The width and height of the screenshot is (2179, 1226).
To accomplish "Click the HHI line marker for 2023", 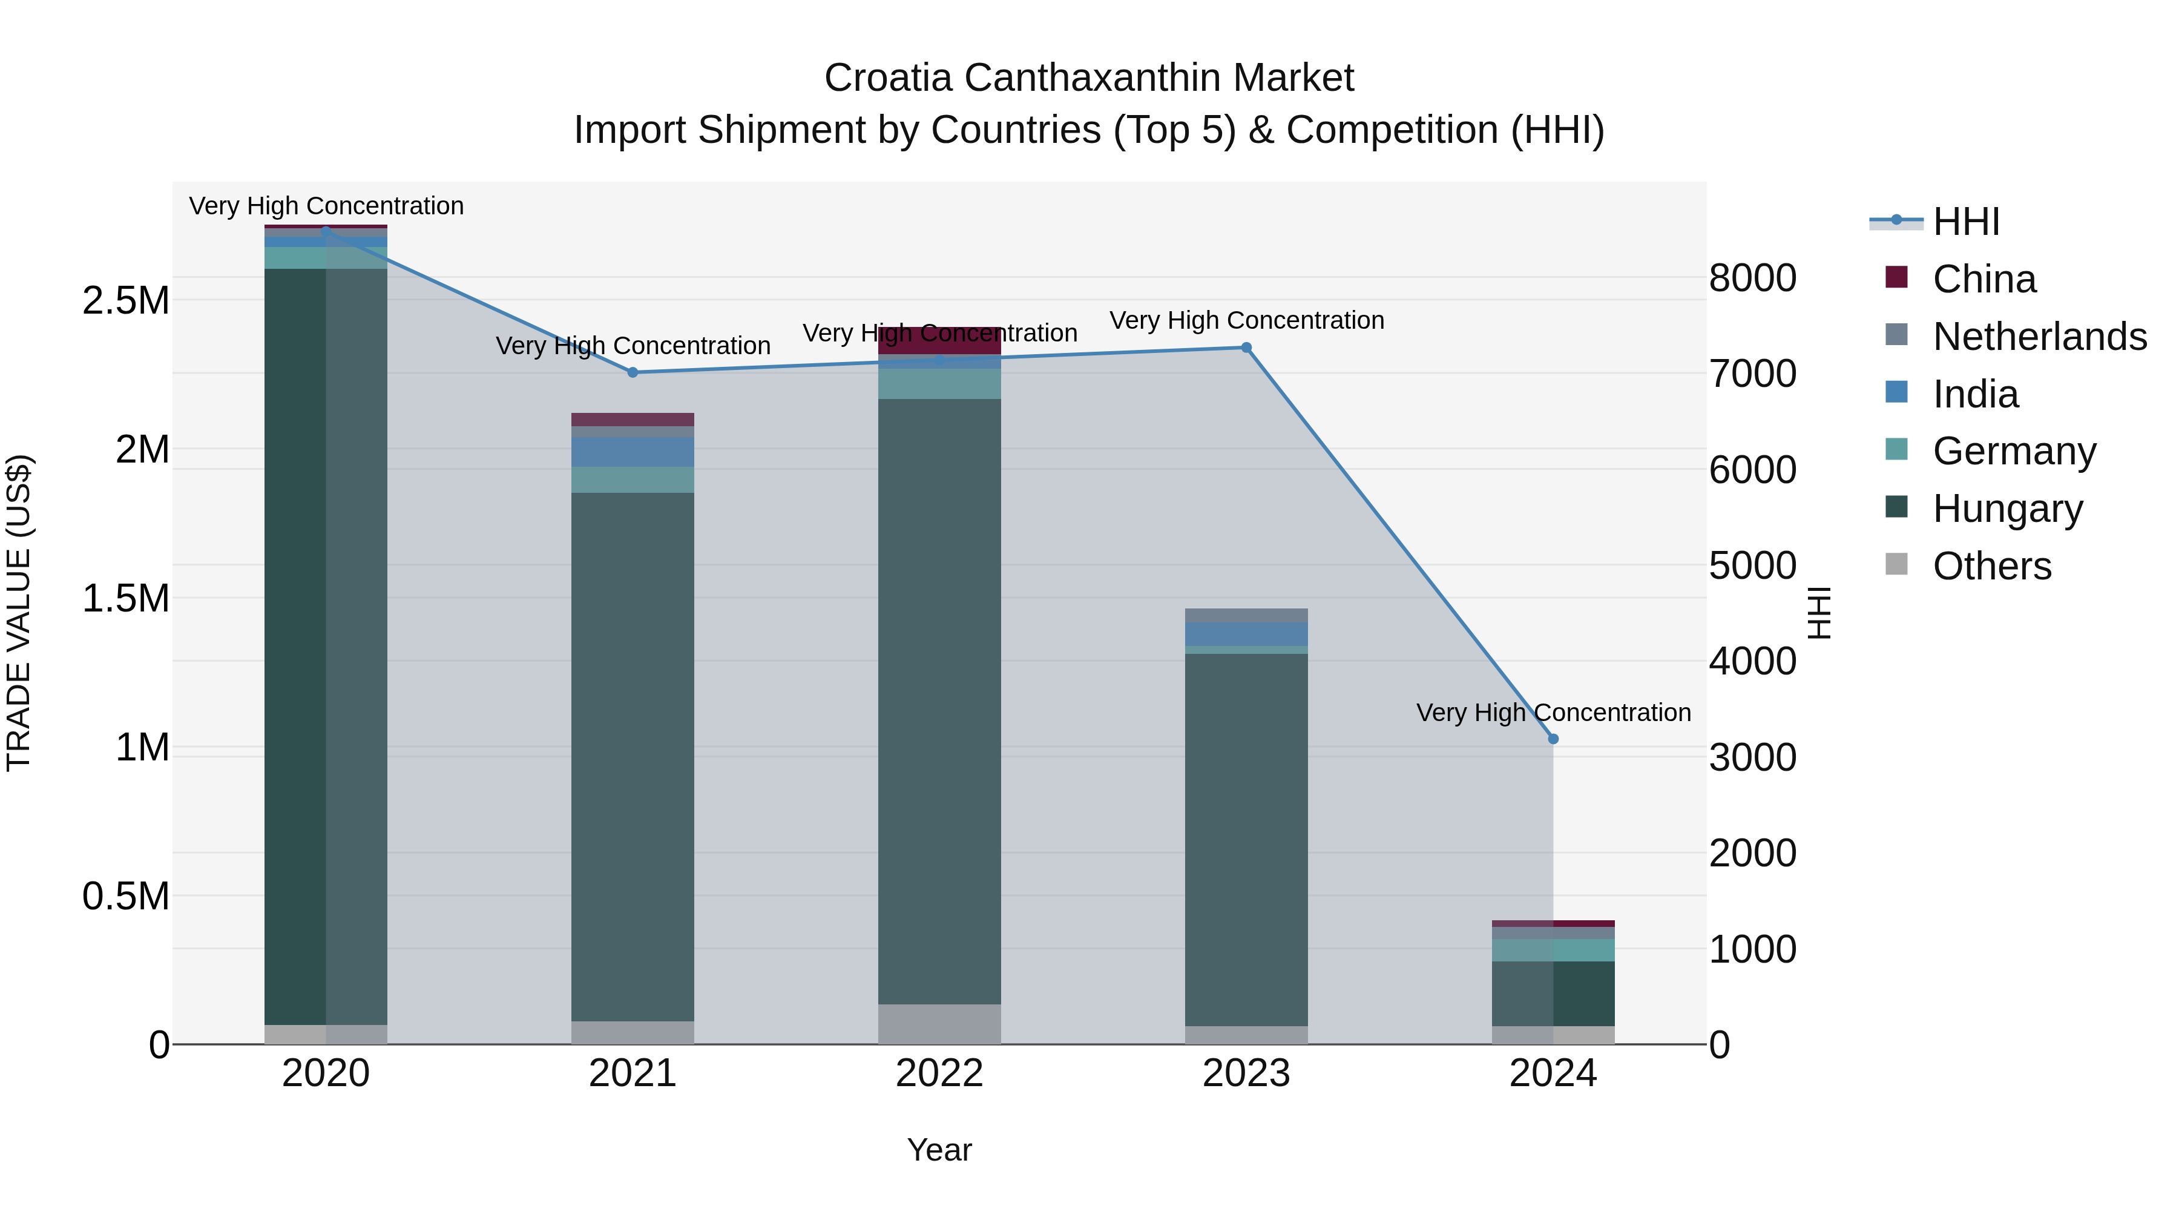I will (x=1246, y=348).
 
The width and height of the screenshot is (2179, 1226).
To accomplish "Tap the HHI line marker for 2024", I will (x=1553, y=739).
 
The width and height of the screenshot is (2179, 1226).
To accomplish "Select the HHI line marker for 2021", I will (x=633, y=372).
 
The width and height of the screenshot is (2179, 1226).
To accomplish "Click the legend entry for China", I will (x=1983, y=279).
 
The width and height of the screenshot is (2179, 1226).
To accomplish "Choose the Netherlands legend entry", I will (x=2039, y=337).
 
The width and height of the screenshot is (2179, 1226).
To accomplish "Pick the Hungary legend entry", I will (x=2007, y=509).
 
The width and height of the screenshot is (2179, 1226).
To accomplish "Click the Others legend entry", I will (x=1991, y=566).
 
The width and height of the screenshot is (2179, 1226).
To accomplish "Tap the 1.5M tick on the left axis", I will (x=125, y=599).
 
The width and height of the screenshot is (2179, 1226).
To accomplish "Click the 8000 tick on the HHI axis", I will (x=1752, y=278).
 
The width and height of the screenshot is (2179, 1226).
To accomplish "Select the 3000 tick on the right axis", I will (x=1752, y=757).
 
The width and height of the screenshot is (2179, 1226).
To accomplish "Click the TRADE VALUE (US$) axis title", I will (x=19, y=613).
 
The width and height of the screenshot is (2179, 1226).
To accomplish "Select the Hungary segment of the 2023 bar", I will (x=1246, y=838).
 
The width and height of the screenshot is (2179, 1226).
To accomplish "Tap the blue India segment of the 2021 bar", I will (x=633, y=452).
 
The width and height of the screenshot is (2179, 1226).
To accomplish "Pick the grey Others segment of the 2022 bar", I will (x=939, y=1024).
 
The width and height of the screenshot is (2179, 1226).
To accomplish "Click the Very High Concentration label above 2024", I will (x=1553, y=713).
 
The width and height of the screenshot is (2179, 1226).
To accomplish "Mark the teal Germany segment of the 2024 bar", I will (x=1553, y=950).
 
